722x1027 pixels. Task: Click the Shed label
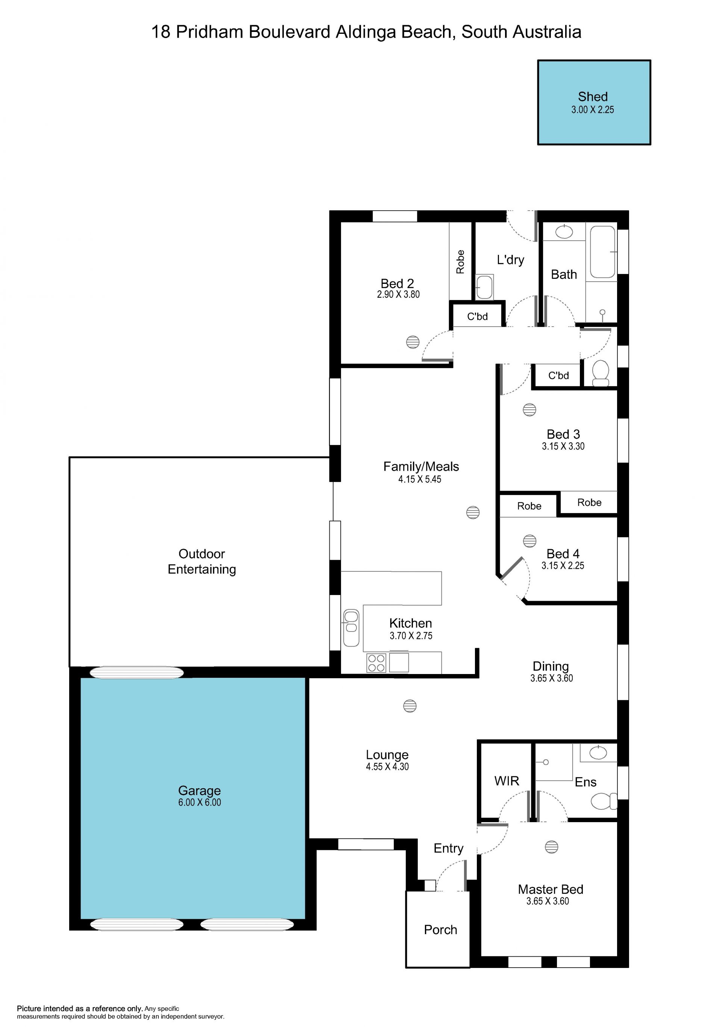(x=592, y=97)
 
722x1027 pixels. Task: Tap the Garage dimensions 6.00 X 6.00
(x=200, y=802)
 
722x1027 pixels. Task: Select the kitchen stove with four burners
(x=376, y=663)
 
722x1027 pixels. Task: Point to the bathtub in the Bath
(x=602, y=252)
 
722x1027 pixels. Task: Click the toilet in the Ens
(x=604, y=801)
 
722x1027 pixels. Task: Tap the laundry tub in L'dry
(x=484, y=286)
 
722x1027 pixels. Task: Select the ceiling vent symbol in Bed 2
(x=413, y=342)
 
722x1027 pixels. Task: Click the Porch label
(x=440, y=930)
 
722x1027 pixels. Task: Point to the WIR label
(x=507, y=780)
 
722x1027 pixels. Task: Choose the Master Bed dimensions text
(x=548, y=901)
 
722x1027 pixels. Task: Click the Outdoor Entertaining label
(x=202, y=561)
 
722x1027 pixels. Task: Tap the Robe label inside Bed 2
(x=460, y=262)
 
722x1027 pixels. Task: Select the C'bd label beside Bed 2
(x=477, y=316)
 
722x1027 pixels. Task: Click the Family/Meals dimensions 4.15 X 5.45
(x=420, y=479)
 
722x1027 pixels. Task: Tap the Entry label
(x=448, y=848)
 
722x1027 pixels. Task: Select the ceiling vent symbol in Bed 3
(x=529, y=410)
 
